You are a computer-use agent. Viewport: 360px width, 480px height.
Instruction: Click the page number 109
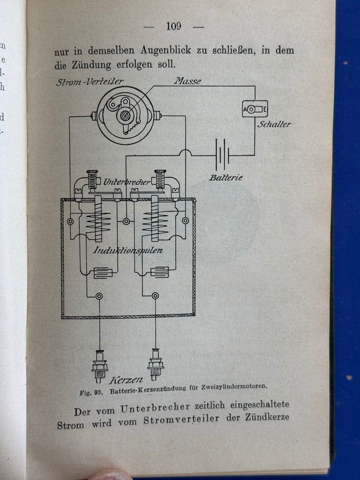(173, 26)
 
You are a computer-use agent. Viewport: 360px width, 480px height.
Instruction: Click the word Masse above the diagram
(187, 81)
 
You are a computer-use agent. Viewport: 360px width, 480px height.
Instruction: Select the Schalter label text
(274, 124)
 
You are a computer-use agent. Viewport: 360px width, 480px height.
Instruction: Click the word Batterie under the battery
(226, 177)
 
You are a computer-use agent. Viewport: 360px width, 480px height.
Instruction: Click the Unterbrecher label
(127, 182)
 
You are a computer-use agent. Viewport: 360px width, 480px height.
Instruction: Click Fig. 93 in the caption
(92, 392)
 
